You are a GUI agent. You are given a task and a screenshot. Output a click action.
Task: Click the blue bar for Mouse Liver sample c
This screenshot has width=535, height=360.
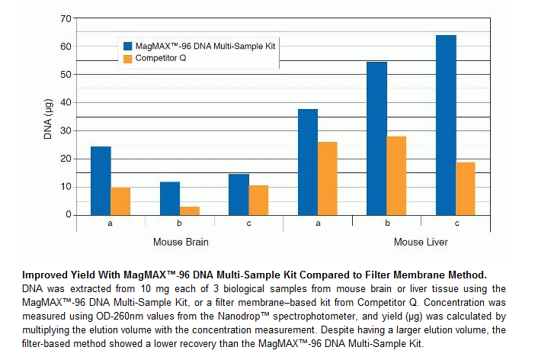pyautogui.click(x=446, y=125)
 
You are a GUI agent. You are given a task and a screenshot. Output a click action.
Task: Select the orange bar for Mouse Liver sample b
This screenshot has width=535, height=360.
pyautogui.click(x=396, y=175)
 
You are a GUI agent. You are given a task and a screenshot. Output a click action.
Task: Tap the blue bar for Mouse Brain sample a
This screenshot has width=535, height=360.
pyautogui.click(x=101, y=181)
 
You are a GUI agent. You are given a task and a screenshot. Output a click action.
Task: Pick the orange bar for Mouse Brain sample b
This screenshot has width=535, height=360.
pyautogui.click(x=190, y=211)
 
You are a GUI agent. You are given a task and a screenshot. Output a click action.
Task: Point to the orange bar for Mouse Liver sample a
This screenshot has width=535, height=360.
pyautogui.click(x=328, y=178)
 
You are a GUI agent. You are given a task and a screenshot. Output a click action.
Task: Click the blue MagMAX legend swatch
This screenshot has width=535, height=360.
pyautogui.click(x=127, y=47)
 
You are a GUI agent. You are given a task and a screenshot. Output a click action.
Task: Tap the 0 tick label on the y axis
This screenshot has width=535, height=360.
pyautogui.click(x=69, y=215)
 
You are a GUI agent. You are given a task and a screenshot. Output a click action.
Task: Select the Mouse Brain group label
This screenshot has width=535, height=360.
pyautogui.click(x=181, y=243)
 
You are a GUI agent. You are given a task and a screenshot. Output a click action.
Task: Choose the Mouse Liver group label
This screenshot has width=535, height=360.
pyautogui.click(x=421, y=243)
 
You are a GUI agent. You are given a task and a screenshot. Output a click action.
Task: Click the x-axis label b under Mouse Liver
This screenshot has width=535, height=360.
pyautogui.click(x=387, y=223)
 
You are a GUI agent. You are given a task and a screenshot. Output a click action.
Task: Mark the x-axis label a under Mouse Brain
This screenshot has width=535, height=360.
pyautogui.click(x=111, y=223)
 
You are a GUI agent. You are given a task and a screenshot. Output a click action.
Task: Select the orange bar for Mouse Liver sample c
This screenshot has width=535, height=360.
pyautogui.click(x=466, y=188)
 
